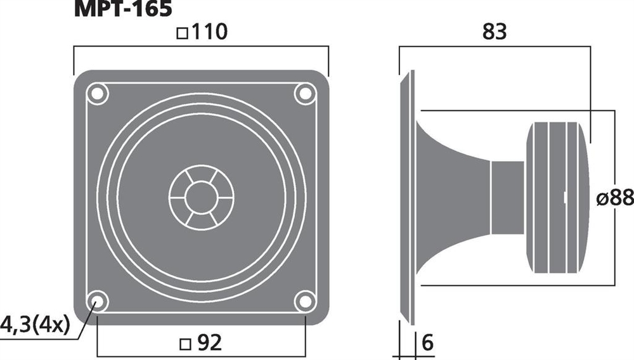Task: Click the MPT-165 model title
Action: click(123, 8)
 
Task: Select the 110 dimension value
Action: click(209, 32)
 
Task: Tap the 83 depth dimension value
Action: click(495, 32)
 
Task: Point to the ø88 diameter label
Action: click(615, 198)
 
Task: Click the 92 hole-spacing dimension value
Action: click(209, 343)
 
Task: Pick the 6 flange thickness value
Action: click(427, 343)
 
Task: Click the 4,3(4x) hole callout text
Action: click(35, 325)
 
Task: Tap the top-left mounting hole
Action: click(97, 94)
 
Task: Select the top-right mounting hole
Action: click(305, 94)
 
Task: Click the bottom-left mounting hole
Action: click(97, 301)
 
